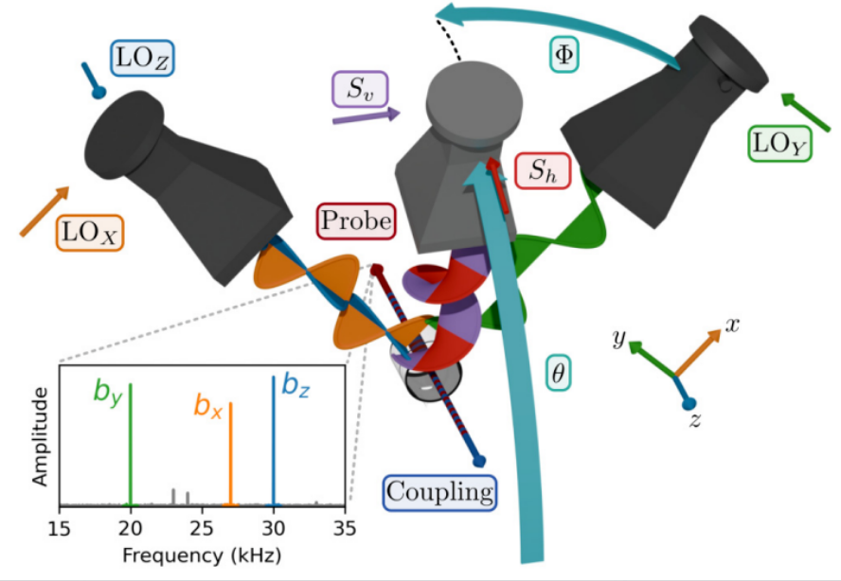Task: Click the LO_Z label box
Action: tap(142, 58)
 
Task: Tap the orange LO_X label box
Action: tap(90, 233)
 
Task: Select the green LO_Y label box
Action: tap(779, 144)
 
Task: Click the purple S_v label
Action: tap(360, 89)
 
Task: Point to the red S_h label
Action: tap(543, 170)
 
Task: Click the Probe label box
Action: tap(356, 220)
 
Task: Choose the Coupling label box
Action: tap(439, 492)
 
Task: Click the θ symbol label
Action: tap(559, 373)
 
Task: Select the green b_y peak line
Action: tap(131, 445)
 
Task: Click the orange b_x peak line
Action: tap(231, 454)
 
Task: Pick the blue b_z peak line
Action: tap(274, 441)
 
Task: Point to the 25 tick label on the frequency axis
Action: tap(202, 528)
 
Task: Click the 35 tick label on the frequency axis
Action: tap(345, 528)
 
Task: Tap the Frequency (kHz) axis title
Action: tap(202, 555)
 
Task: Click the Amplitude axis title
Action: tap(40, 436)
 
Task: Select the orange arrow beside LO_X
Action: tap(45, 211)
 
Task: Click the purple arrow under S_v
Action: tap(367, 115)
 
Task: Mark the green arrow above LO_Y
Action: tap(806, 112)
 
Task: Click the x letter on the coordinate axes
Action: tap(731, 325)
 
